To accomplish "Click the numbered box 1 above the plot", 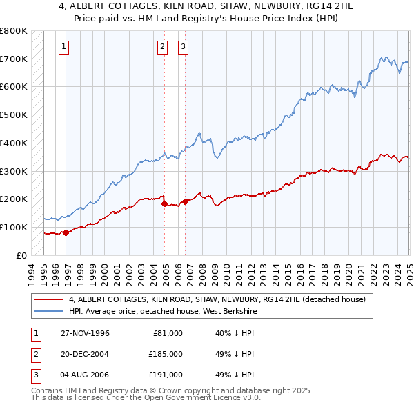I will point(63,47).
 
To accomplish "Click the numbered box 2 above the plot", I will point(162,47).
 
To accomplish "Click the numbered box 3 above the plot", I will point(183,47).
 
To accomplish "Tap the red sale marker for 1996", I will point(66,232).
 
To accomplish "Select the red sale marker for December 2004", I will point(164,203).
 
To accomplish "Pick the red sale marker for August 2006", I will point(185,201).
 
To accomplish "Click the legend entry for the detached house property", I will point(221,300).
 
